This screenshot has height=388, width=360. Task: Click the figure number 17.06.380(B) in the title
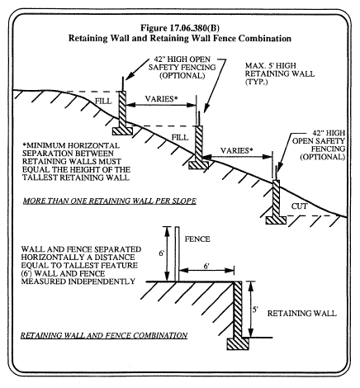pos(195,28)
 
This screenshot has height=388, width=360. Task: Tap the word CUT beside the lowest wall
pos(299,206)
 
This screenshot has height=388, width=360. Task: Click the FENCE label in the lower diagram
pos(197,239)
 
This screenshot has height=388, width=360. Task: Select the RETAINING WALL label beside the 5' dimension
pos(302,314)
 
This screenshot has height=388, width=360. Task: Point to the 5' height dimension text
pos(255,310)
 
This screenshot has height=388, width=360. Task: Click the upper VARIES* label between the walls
pos(162,99)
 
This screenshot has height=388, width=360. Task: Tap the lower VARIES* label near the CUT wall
pos(237,150)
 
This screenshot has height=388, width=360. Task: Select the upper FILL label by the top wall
pos(103,102)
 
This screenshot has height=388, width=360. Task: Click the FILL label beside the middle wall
pos(180,137)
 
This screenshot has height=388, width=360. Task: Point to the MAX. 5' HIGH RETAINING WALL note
pos(280,73)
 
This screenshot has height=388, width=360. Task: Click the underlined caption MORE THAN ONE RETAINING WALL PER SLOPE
pos(110,201)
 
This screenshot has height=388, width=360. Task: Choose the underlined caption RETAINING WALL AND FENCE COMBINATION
pos(104,335)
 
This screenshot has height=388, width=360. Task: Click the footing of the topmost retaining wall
pos(122,130)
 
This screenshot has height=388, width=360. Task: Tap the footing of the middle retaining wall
pos(199,165)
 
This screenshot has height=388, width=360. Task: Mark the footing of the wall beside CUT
pos(276,220)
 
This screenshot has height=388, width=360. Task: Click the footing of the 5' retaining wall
pos(238,343)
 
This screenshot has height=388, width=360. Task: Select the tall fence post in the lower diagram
pos(177,254)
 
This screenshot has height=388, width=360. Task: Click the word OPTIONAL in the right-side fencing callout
pos(323,157)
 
